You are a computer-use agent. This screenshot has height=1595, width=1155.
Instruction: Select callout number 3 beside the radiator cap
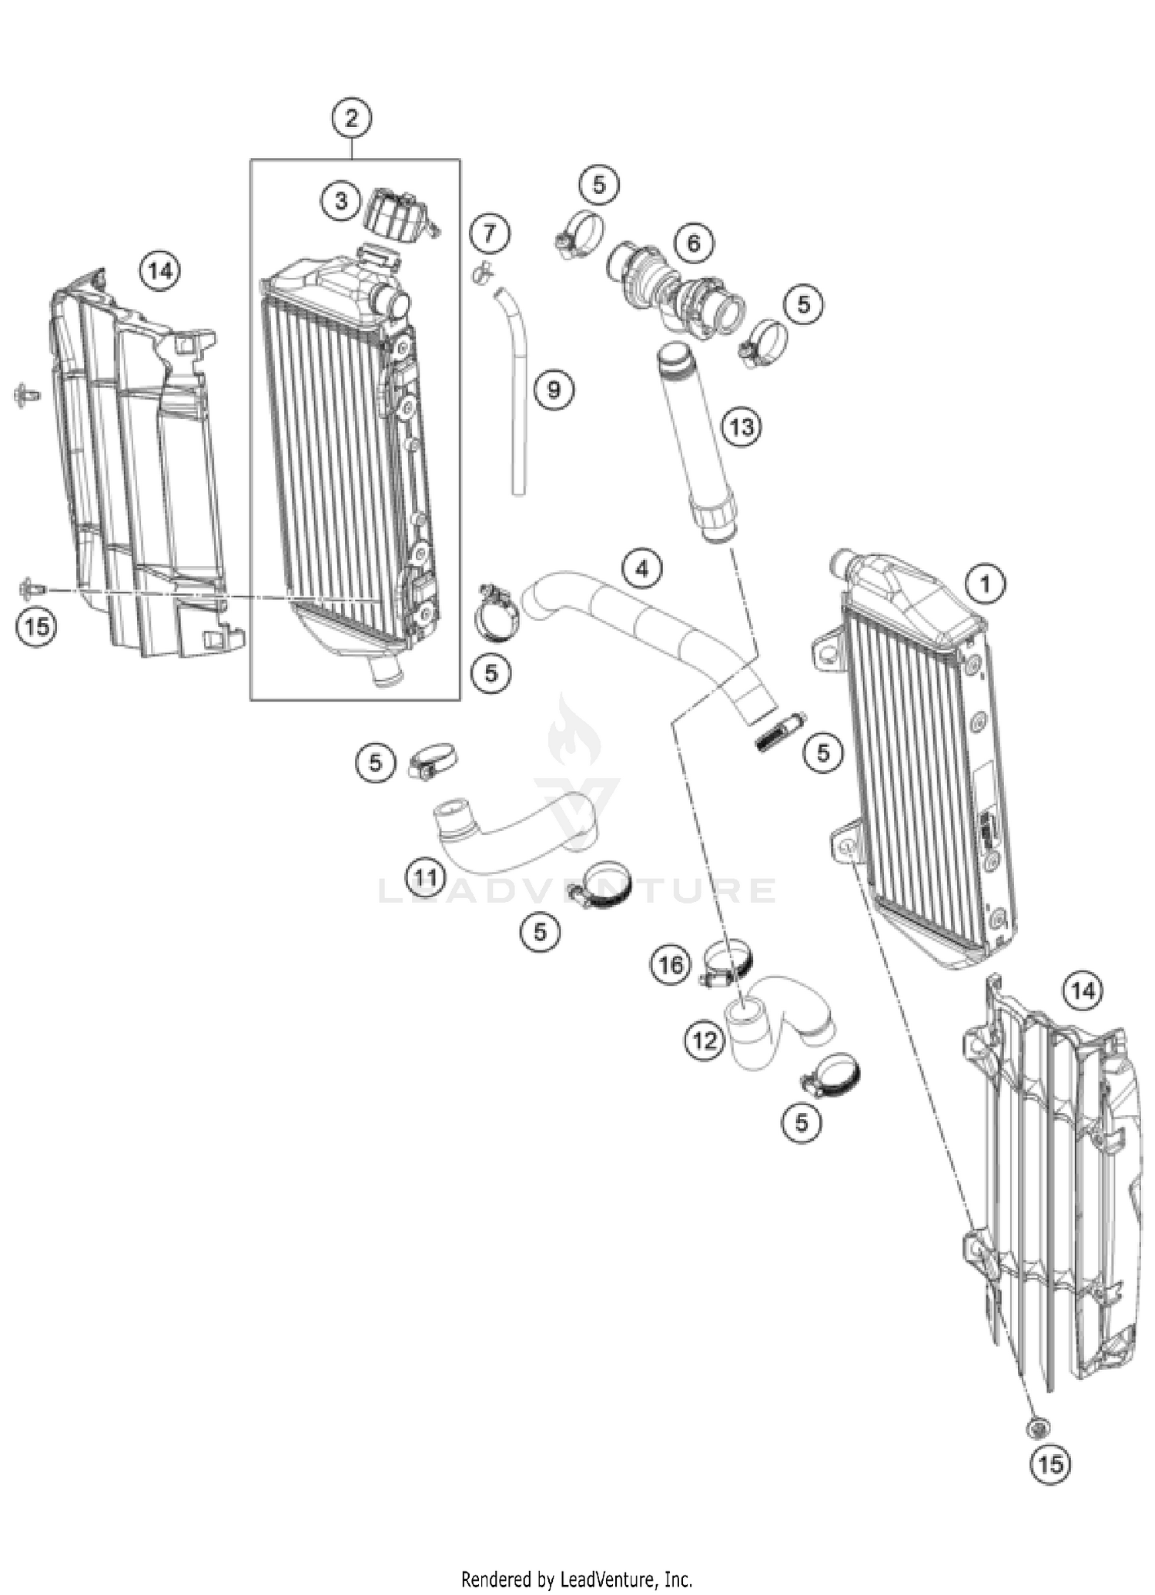340,201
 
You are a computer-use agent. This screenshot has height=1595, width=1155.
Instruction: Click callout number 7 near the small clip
490,233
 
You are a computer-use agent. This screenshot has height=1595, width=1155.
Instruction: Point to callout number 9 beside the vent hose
554,390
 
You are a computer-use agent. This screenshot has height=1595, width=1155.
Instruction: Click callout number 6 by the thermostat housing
694,243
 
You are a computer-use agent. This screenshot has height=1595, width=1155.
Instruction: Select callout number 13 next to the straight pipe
742,426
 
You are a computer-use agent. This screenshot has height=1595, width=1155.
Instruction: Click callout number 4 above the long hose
641,569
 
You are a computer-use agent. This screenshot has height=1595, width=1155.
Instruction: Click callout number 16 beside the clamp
670,964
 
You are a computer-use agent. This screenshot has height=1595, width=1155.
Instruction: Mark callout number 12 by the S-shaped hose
704,1040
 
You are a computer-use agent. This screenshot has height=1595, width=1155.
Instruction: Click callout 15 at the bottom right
1050,1463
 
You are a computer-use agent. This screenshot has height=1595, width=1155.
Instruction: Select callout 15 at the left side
36,626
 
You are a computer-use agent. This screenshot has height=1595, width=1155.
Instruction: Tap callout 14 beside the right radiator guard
1083,990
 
